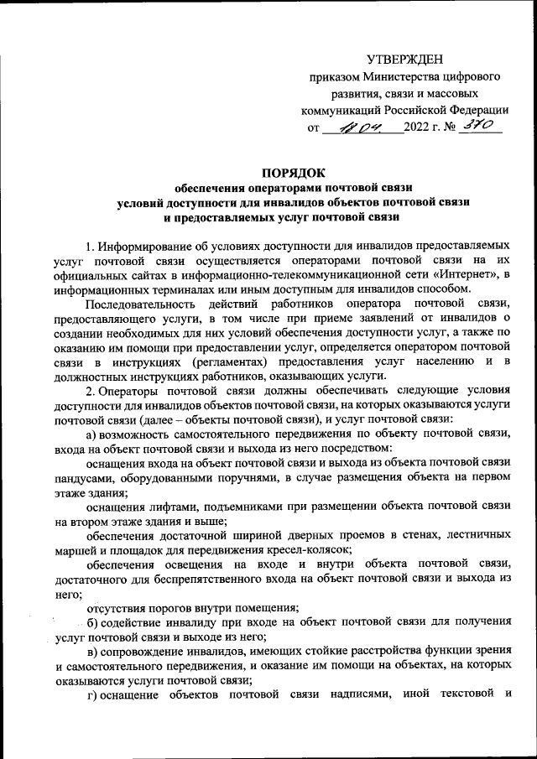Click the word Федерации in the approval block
[476, 110]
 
